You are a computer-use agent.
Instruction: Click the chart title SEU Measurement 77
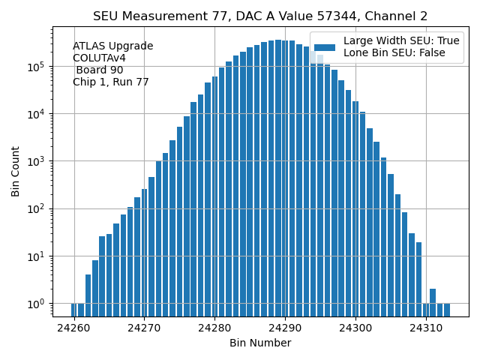tap(260, 16)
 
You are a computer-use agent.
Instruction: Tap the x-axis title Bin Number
tap(260, 343)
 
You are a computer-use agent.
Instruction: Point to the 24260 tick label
tap(74, 328)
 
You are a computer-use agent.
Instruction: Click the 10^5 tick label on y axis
tap(37, 67)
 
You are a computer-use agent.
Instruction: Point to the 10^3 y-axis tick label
tap(37, 161)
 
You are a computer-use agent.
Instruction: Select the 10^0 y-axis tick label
tap(37, 304)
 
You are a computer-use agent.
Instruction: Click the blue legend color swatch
tap(324, 47)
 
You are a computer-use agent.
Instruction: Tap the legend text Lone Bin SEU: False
tap(394, 53)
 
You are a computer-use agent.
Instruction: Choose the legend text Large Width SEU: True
tap(401, 41)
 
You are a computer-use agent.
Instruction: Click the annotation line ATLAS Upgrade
tap(112, 46)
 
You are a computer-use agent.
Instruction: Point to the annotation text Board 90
tap(99, 70)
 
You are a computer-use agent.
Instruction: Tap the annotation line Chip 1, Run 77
tap(110, 82)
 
